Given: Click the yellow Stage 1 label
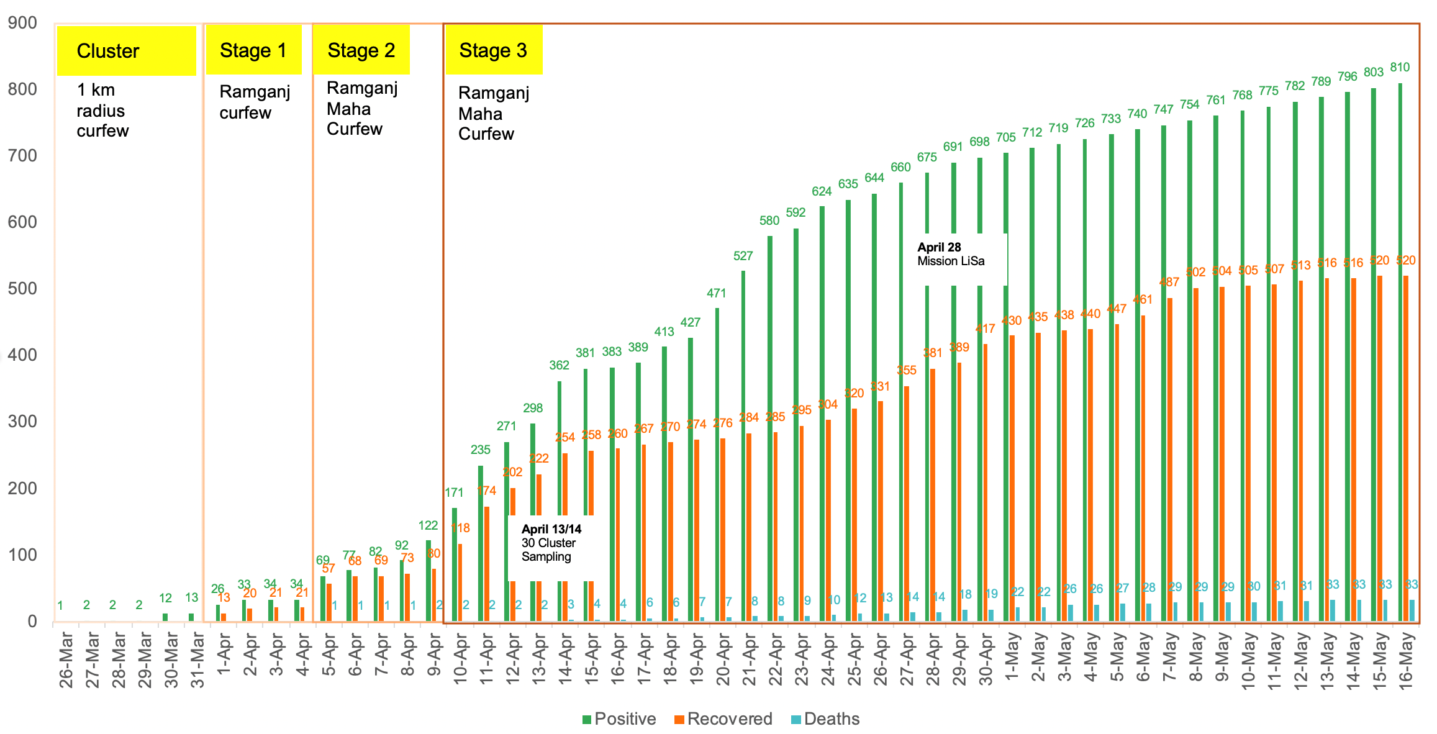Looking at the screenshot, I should point(253,50).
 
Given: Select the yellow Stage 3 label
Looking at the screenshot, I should point(493,50).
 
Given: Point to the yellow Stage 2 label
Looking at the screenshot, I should point(361,50).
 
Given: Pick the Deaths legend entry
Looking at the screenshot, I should point(825,719).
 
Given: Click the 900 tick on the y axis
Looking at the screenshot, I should point(22,23).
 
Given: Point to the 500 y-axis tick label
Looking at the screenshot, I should point(22,289).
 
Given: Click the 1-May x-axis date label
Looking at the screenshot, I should point(1013,656).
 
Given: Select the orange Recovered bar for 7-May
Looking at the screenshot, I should point(1170,460).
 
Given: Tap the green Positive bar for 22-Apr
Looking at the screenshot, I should point(770,428).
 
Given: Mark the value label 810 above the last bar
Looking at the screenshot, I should point(1400,67).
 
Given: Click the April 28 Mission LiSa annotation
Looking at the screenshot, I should point(951,254).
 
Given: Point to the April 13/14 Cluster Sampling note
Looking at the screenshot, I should point(551,543).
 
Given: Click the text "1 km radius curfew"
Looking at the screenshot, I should point(102,111).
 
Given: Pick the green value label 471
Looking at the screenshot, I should point(717,293).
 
